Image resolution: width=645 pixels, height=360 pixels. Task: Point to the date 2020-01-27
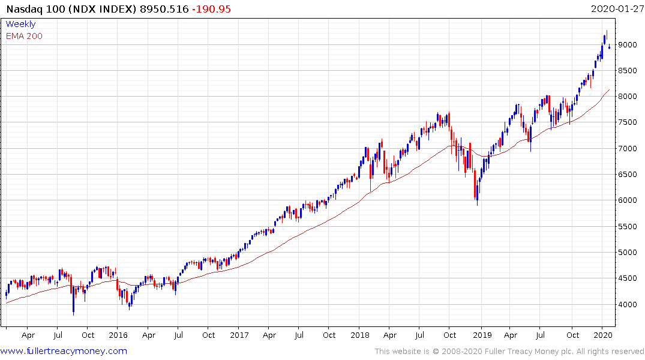[x=616, y=9]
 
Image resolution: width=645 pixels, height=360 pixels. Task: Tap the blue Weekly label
[x=20, y=25]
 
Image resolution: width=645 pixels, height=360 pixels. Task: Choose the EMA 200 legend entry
[x=24, y=36]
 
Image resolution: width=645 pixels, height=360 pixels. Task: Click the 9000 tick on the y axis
[x=629, y=45]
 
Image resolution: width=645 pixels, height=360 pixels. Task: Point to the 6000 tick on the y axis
[x=629, y=200]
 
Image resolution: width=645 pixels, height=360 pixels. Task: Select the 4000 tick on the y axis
[x=629, y=305]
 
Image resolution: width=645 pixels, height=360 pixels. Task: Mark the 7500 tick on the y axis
[x=629, y=122]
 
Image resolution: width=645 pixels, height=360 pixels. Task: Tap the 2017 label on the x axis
[x=239, y=335]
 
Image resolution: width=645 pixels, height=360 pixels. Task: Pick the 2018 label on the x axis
[x=360, y=335]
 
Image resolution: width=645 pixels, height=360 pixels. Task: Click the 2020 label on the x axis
[x=602, y=335]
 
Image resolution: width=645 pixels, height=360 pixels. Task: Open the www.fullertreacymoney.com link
[x=64, y=351]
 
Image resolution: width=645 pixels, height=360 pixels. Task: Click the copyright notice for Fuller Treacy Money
[x=510, y=352]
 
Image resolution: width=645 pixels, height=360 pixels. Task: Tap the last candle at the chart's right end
[x=610, y=47]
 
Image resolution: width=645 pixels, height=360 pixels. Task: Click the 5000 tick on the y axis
[x=629, y=253]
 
